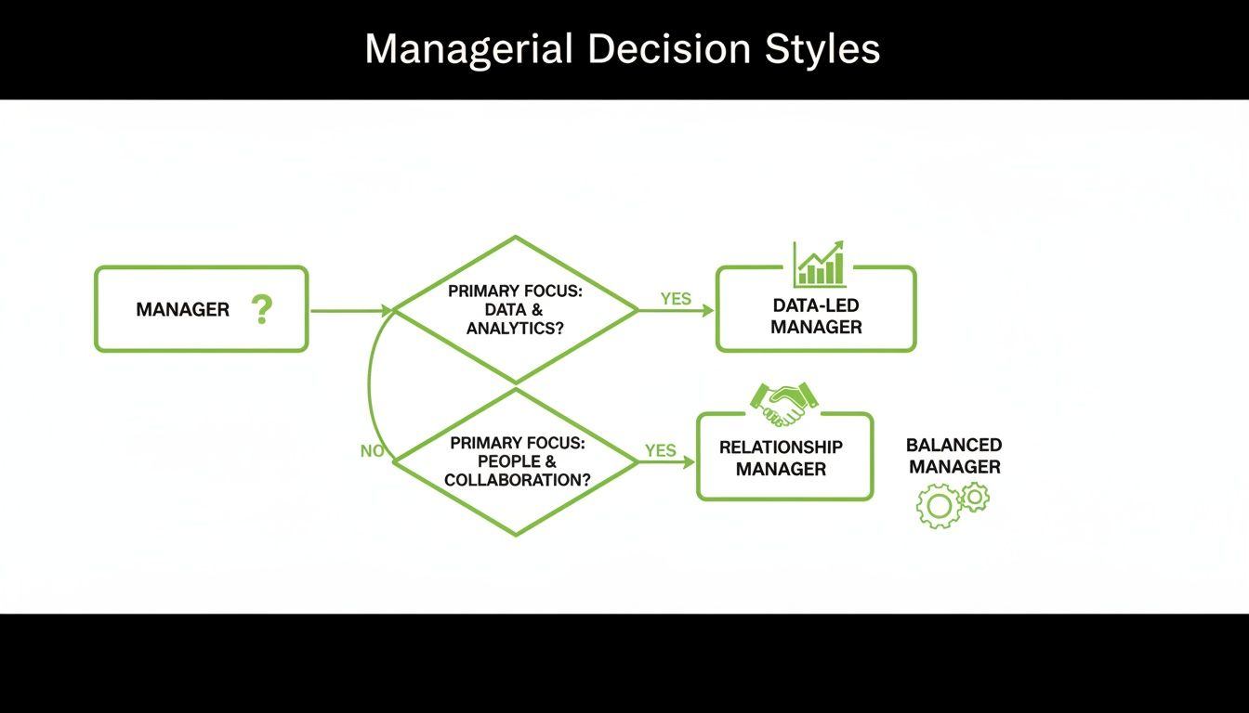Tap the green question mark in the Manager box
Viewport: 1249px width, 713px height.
point(262,309)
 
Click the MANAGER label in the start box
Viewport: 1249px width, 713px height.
point(182,310)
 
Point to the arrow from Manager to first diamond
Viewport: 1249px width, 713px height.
point(349,311)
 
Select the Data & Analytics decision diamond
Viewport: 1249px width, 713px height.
point(516,309)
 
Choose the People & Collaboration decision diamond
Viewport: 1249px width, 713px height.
point(516,461)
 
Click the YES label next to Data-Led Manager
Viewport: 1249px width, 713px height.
point(676,298)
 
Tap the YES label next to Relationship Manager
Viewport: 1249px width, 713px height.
point(660,450)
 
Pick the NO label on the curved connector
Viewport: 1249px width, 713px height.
point(372,451)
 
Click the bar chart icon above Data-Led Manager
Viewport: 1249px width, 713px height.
point(819,264)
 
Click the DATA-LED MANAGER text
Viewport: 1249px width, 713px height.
point(816,316)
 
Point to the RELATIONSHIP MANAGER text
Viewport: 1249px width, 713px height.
point(781,458)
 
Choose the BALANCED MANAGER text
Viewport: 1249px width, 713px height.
point(954,456)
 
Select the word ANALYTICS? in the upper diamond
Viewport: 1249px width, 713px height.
point(515,329)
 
